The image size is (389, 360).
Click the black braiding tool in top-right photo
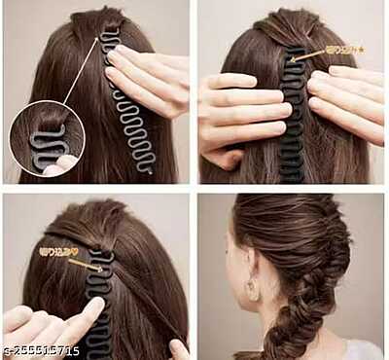click(x=292, y=117)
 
